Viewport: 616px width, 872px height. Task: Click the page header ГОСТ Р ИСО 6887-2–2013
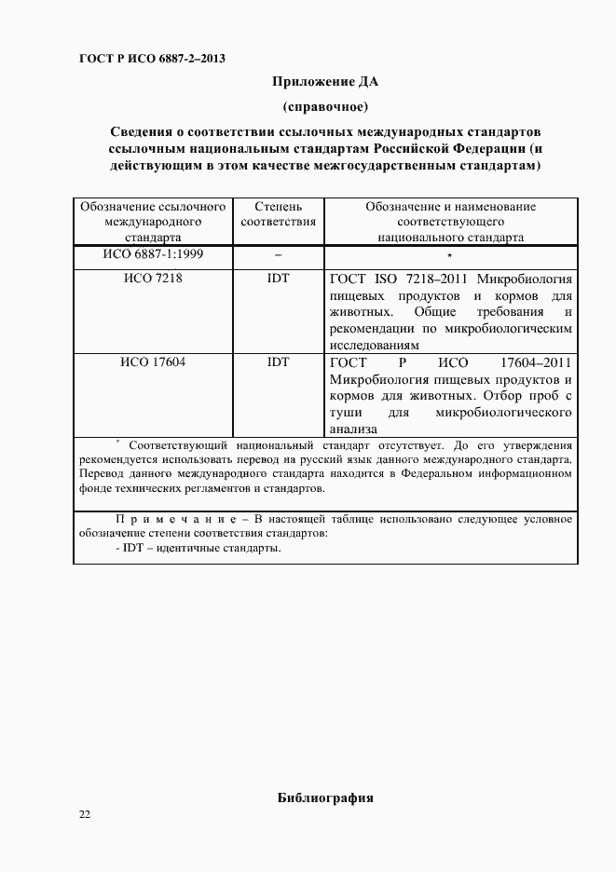[x=152, y=60]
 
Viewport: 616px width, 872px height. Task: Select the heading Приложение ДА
[x=324, y=82]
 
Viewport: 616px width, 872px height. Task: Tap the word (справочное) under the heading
[x=324, y=105]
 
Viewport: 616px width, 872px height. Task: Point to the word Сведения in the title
[x=143, y=131]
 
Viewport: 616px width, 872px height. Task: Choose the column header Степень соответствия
[x=278, y=214]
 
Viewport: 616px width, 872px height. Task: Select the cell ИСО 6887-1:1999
[x=153, y=254]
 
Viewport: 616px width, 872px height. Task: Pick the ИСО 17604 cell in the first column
[x=153, y=362]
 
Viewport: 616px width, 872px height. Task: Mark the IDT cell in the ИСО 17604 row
[x=278, y=362]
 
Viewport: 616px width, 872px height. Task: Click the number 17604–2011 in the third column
[x=536, y=362]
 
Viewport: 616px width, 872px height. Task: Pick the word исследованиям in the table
[x=370, y=345]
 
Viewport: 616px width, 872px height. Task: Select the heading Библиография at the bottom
[x=325, y=798]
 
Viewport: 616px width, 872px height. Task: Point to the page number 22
[x=85, y=815]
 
